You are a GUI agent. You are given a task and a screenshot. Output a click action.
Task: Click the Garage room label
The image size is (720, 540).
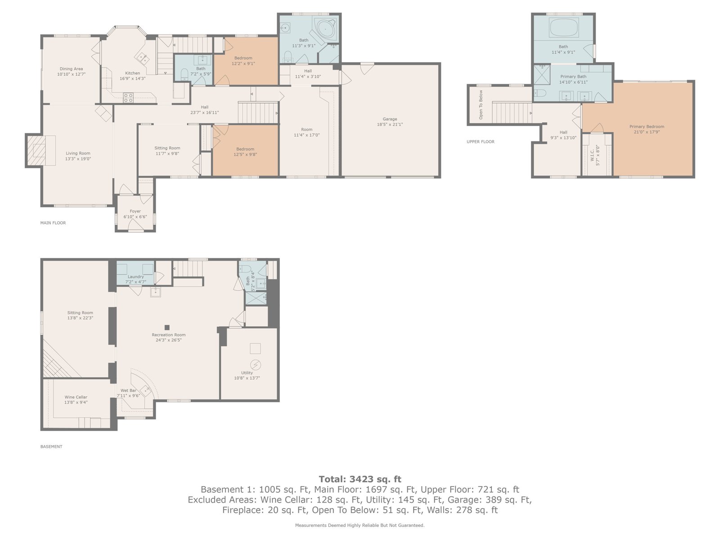(390, 119)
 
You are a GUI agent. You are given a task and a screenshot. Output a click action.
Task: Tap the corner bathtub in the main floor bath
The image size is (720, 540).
(325, 30)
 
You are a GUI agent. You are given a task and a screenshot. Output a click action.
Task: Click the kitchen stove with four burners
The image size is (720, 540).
(128, 98)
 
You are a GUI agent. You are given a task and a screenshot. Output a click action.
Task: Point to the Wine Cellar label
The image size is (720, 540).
(76, 397)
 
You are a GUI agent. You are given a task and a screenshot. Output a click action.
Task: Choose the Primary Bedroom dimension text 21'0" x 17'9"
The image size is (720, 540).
(647, 132)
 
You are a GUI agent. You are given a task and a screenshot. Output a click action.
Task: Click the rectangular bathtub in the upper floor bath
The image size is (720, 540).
(564, 28)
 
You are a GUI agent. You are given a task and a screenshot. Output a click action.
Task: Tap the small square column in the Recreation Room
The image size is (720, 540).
(167, 327)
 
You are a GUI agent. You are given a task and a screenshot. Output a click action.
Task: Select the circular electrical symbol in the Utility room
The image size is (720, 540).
(255, 364)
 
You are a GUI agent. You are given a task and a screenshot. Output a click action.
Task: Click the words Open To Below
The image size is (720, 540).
(481, 104)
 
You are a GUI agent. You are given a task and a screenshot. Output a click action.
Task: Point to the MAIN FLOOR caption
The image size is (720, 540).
(53, 223)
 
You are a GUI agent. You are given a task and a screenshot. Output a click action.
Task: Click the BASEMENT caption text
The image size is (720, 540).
(51, 446)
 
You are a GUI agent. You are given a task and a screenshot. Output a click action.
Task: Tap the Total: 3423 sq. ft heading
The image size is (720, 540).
(360, 479)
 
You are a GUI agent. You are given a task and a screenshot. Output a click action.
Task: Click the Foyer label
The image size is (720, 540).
(135, 211)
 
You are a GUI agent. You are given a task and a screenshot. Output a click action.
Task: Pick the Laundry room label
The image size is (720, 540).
(136, 277)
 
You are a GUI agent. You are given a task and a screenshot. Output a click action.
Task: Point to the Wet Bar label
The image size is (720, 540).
(129, 391)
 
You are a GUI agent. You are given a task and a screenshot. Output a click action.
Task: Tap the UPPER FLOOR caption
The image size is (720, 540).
(481, 142)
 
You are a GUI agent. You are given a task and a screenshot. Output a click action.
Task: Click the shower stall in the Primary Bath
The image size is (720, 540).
(541, 75)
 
